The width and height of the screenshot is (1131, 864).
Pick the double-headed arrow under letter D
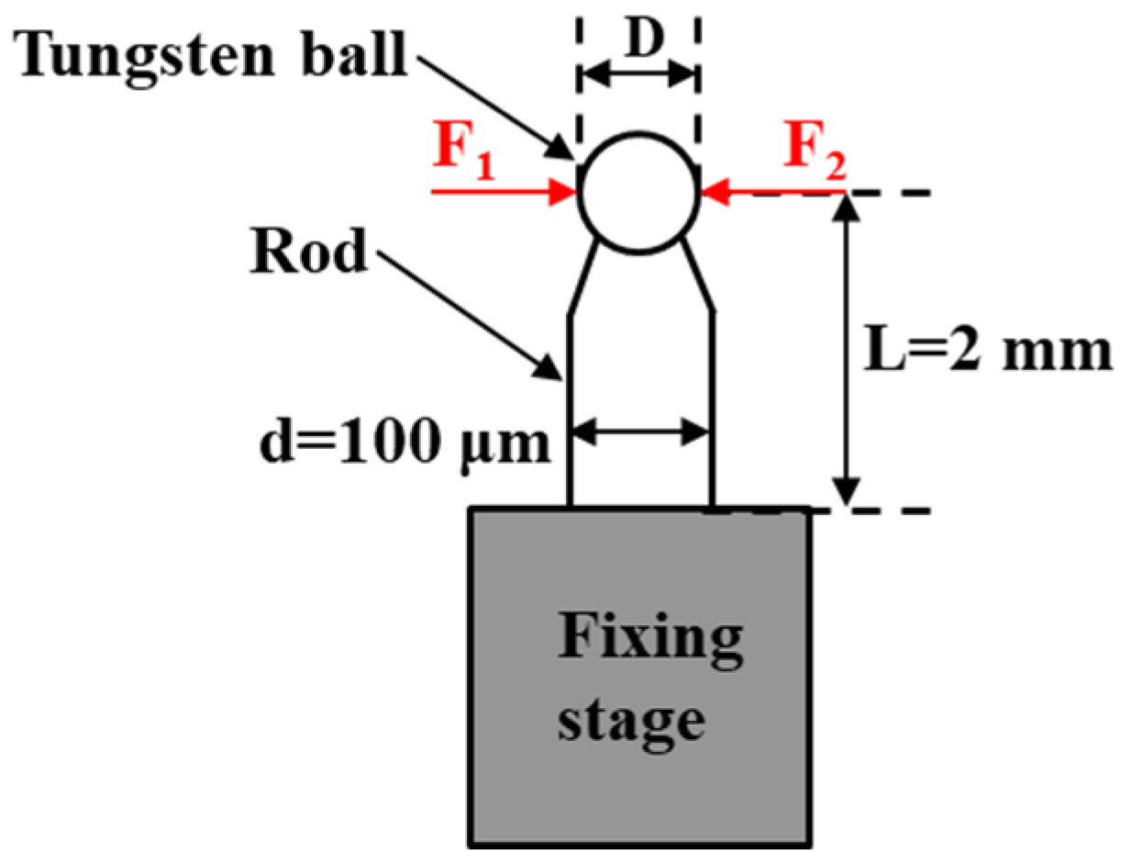[x=638, y=75]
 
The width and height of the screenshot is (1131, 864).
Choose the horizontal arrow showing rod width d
[x=641, y=431]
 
